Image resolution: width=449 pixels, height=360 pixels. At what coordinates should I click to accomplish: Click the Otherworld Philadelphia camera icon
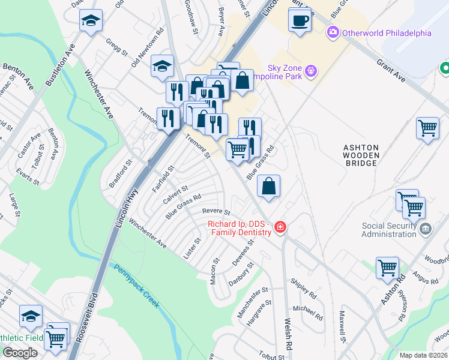pos(333,32)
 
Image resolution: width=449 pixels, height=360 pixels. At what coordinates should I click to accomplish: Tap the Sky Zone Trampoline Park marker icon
pos(310,71)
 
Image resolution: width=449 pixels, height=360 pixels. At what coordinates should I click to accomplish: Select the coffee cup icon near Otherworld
pos(300,21)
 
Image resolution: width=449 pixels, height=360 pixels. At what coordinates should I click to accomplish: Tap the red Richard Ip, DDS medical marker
pos(280,227)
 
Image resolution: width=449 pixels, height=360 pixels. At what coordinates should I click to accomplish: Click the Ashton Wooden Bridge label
pos(361,155)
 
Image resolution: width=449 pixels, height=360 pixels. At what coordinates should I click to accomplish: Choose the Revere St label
pos(216,211)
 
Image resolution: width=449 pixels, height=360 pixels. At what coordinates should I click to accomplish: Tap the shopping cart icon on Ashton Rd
pos(387,268)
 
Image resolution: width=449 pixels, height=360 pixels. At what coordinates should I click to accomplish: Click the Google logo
pos(20,353)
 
